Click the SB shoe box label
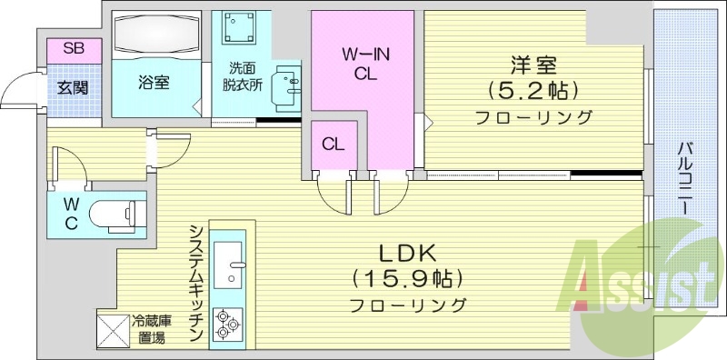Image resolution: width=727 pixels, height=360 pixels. pos(74,49)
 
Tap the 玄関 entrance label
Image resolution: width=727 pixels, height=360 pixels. pos(74,88)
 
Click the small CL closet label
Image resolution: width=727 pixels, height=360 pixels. pos(333,144)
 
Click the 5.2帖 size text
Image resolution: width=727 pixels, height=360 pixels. pos(532,91)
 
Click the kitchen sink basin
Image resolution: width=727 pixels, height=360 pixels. pos(227,250)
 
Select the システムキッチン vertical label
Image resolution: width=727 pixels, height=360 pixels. pos(195,282)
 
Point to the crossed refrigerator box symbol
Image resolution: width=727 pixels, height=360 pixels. pos(113,328)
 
